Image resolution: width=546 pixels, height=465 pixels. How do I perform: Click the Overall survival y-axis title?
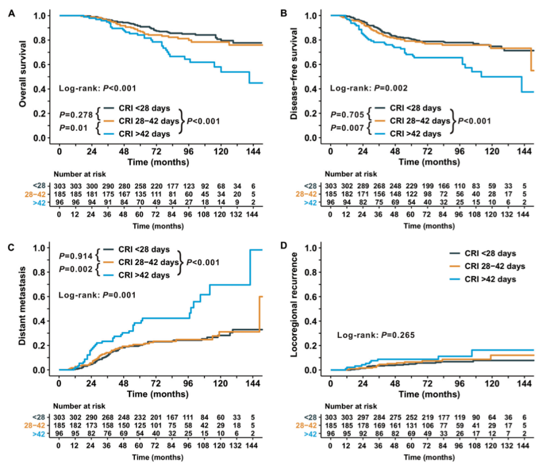click(x=22, y=76)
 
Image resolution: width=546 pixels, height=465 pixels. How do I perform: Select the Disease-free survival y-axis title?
click(x=294, y=76)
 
